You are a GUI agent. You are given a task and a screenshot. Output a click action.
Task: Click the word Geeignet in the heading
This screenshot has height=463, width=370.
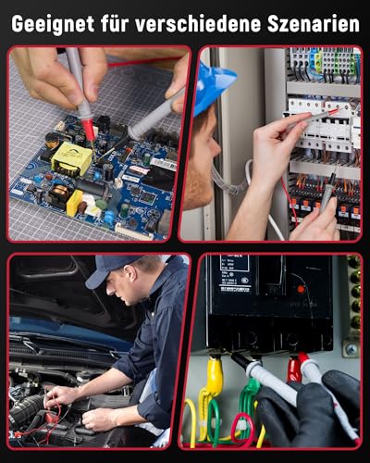(x=50, y=22)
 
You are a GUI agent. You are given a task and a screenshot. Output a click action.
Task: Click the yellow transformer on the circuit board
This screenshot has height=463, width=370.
(x=71, y=158)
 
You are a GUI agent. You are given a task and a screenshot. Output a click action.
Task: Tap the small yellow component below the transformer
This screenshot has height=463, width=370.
(x=74, y=202)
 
